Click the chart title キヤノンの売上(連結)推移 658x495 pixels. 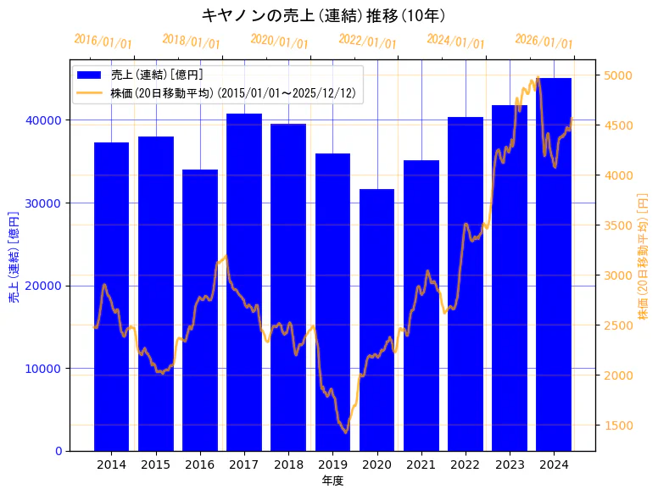click(x=323, y=15)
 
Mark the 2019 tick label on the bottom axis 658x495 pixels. click(x=332, y=464)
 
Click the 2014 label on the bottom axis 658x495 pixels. click(x=111, y=464)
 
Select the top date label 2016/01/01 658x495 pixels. click(x=103, y=42)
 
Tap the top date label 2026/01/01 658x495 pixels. click(x=544, y=42)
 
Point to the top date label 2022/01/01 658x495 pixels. click(x=367, y=42)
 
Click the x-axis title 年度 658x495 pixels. click(x=332, y=481)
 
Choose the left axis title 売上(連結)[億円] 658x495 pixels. click(x=14, y=256)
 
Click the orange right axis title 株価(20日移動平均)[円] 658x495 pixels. click(x=643, y=256)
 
